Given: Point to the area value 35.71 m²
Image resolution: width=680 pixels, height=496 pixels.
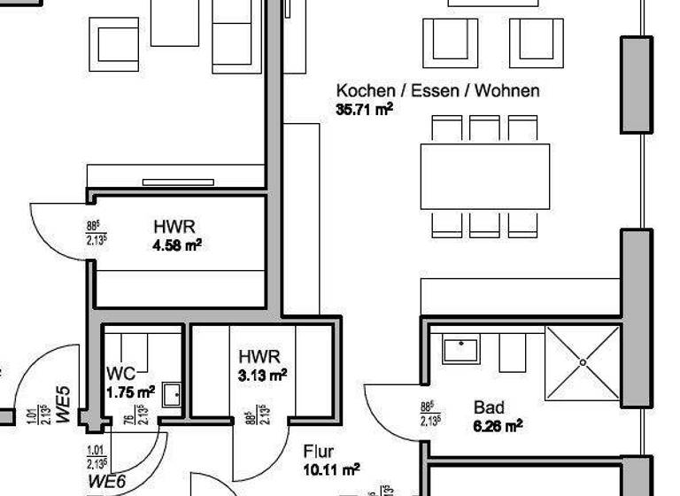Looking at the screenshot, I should (x=364, y=110).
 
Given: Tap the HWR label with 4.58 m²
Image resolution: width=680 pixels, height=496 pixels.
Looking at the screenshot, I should (x=174, y=227).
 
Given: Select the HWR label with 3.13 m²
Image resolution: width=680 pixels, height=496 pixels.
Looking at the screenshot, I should (x=259, y=356).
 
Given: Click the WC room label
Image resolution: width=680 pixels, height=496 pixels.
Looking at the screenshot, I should (x=120, y=373).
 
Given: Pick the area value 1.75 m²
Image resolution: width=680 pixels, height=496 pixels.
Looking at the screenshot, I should (x=131, y=391).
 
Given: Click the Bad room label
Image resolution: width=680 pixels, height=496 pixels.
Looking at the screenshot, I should (x=489, y=407).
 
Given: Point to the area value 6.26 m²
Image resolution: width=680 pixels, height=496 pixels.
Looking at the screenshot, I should (x=498, y=425).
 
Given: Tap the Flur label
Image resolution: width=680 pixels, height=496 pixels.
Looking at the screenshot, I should (x=318, y=452).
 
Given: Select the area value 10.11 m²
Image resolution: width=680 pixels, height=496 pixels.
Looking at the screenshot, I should (x=331, y=469).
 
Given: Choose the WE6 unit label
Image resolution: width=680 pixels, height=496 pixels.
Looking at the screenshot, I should (x=105, y=483).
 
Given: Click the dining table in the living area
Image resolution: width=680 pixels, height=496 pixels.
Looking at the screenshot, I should (x=484, y=176).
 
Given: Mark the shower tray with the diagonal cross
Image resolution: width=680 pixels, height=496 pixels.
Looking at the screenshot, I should (x=583, y=361).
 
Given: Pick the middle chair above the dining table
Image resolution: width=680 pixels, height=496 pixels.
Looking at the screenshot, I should (x=484, y=129).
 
